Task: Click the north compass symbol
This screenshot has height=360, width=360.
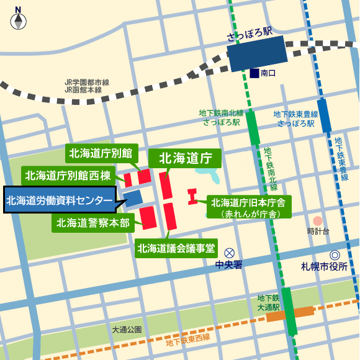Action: pyautogui.click(x=19, y=19)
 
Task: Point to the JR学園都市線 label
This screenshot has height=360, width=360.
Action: pyautogui.click(x=87, y=82)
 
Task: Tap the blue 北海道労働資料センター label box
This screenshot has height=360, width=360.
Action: pyautogui.click(x=59, y=200)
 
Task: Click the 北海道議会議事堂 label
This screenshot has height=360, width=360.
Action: pyautogui.click(x=176, y=249)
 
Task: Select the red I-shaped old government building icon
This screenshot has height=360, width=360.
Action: pyautogui.click(x=192, y=197)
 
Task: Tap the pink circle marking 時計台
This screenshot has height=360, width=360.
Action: pyautogui.click(x=318, y=220)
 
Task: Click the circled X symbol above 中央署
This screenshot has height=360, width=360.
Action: pyautogui.click(x=230, y=253)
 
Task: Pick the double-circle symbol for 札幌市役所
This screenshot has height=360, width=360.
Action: pyautogui.click(x=335, y=254)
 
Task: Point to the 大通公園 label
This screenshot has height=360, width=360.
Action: pyautogui.click(x=127, y=329)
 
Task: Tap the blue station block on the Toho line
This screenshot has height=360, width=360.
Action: pyautogui.click(x=324, y=115)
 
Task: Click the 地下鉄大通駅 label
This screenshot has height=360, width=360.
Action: pyautogui.click(x=268, y=302)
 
